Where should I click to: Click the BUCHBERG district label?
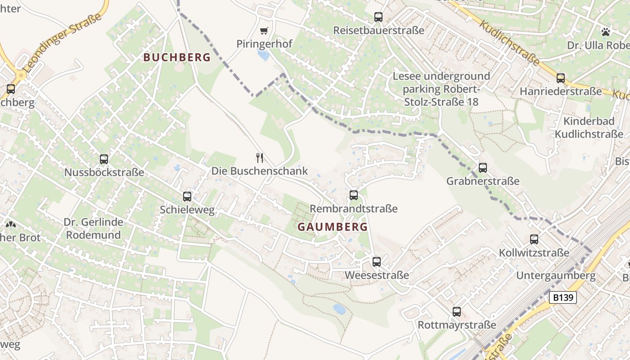[177, 57]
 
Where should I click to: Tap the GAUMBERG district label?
[333, 227]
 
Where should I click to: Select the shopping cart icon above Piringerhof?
[264, 31]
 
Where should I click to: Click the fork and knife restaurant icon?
[260, 157]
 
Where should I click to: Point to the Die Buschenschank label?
[260, 171]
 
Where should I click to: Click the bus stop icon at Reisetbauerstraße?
[378, 17]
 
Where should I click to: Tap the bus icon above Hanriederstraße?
[560, 78]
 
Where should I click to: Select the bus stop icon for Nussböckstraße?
[104, 159]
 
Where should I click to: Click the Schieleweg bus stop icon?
[187, 196]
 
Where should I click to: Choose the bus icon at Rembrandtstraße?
[354, 195]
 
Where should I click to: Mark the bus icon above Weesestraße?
[377, 261]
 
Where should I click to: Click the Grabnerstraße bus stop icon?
[483, 167]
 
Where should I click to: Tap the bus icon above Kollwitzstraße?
[534, 239]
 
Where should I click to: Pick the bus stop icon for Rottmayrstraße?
[457, 311]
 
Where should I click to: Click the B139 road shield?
[563, 297]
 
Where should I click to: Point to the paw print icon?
[606, 31]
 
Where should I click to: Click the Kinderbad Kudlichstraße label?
[589, 128]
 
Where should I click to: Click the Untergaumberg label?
[556, 275]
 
